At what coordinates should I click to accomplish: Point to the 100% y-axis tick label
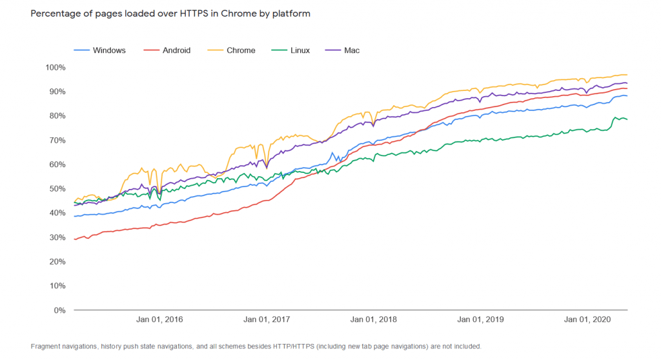point(56,68)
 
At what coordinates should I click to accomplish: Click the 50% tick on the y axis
point(57,189)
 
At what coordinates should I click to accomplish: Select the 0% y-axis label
point(59,310)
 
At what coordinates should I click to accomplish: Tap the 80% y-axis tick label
point(57,116)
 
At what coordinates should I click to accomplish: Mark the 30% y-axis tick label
point(57,237)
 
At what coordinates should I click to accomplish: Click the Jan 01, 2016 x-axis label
point(159,320)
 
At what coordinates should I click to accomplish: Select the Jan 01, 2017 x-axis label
point(267,320)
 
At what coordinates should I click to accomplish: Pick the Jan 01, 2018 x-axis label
point(374,320)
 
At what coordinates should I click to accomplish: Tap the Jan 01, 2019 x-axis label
point(480,320)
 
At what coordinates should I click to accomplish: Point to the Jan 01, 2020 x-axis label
point(587,320)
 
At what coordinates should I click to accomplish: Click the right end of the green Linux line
point(627,119)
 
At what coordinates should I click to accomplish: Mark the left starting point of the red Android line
point(75,239)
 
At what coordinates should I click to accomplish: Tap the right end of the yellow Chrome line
point(627,75)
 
